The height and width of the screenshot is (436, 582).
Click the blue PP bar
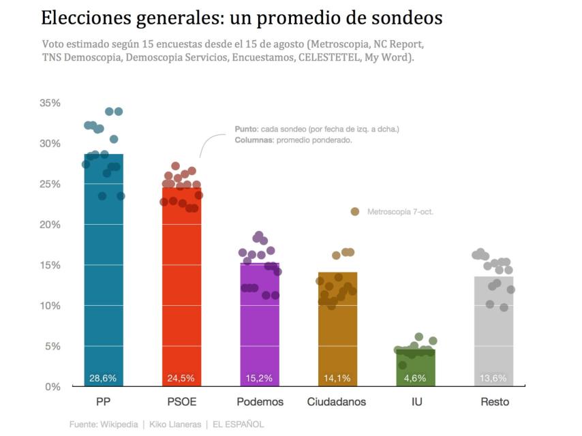[x=104, y=286]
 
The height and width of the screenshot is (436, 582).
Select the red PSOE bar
[x=181, y=300]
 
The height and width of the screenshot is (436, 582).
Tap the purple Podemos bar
[x=260, y=327]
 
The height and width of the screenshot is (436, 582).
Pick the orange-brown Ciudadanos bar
[x=337, y=334]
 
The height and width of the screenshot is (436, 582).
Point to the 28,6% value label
[x=104, y=378]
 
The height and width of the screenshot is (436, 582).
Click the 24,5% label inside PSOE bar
[x=181, y=378]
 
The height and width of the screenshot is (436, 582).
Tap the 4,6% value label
[x=416, y=378]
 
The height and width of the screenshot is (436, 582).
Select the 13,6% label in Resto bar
[x=494, y=378]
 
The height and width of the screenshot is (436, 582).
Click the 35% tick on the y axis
[x=50, y=103]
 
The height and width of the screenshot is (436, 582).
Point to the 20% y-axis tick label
[x=50, y=225]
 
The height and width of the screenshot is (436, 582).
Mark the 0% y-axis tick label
[x=53, y=387]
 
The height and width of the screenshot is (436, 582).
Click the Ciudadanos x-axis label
[x=337, y=402]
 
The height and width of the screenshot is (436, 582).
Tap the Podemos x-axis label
[x=260, y=402]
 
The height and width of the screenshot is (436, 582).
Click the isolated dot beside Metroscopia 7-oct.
[x=355, y=212]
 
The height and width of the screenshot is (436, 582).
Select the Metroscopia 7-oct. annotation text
[x=400, y=212]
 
